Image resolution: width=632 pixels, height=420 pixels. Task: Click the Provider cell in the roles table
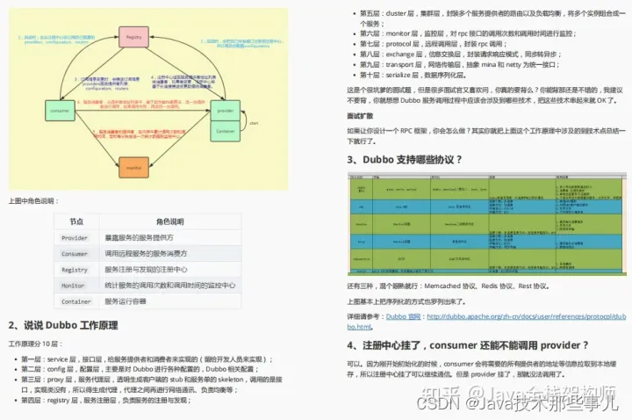[x=74, y=238]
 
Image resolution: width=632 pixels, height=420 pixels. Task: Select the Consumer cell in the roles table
[x=74, y=254]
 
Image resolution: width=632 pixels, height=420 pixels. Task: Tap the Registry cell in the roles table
[x=74, y=270]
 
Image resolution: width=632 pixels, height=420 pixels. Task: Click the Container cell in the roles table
[x=75, y=301]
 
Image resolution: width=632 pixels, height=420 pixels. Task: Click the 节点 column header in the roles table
[x=76, y=222]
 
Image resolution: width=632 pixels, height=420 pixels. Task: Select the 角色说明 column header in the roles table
[x=169, y=222]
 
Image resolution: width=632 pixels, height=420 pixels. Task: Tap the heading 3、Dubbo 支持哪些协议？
[x=404, y=159]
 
